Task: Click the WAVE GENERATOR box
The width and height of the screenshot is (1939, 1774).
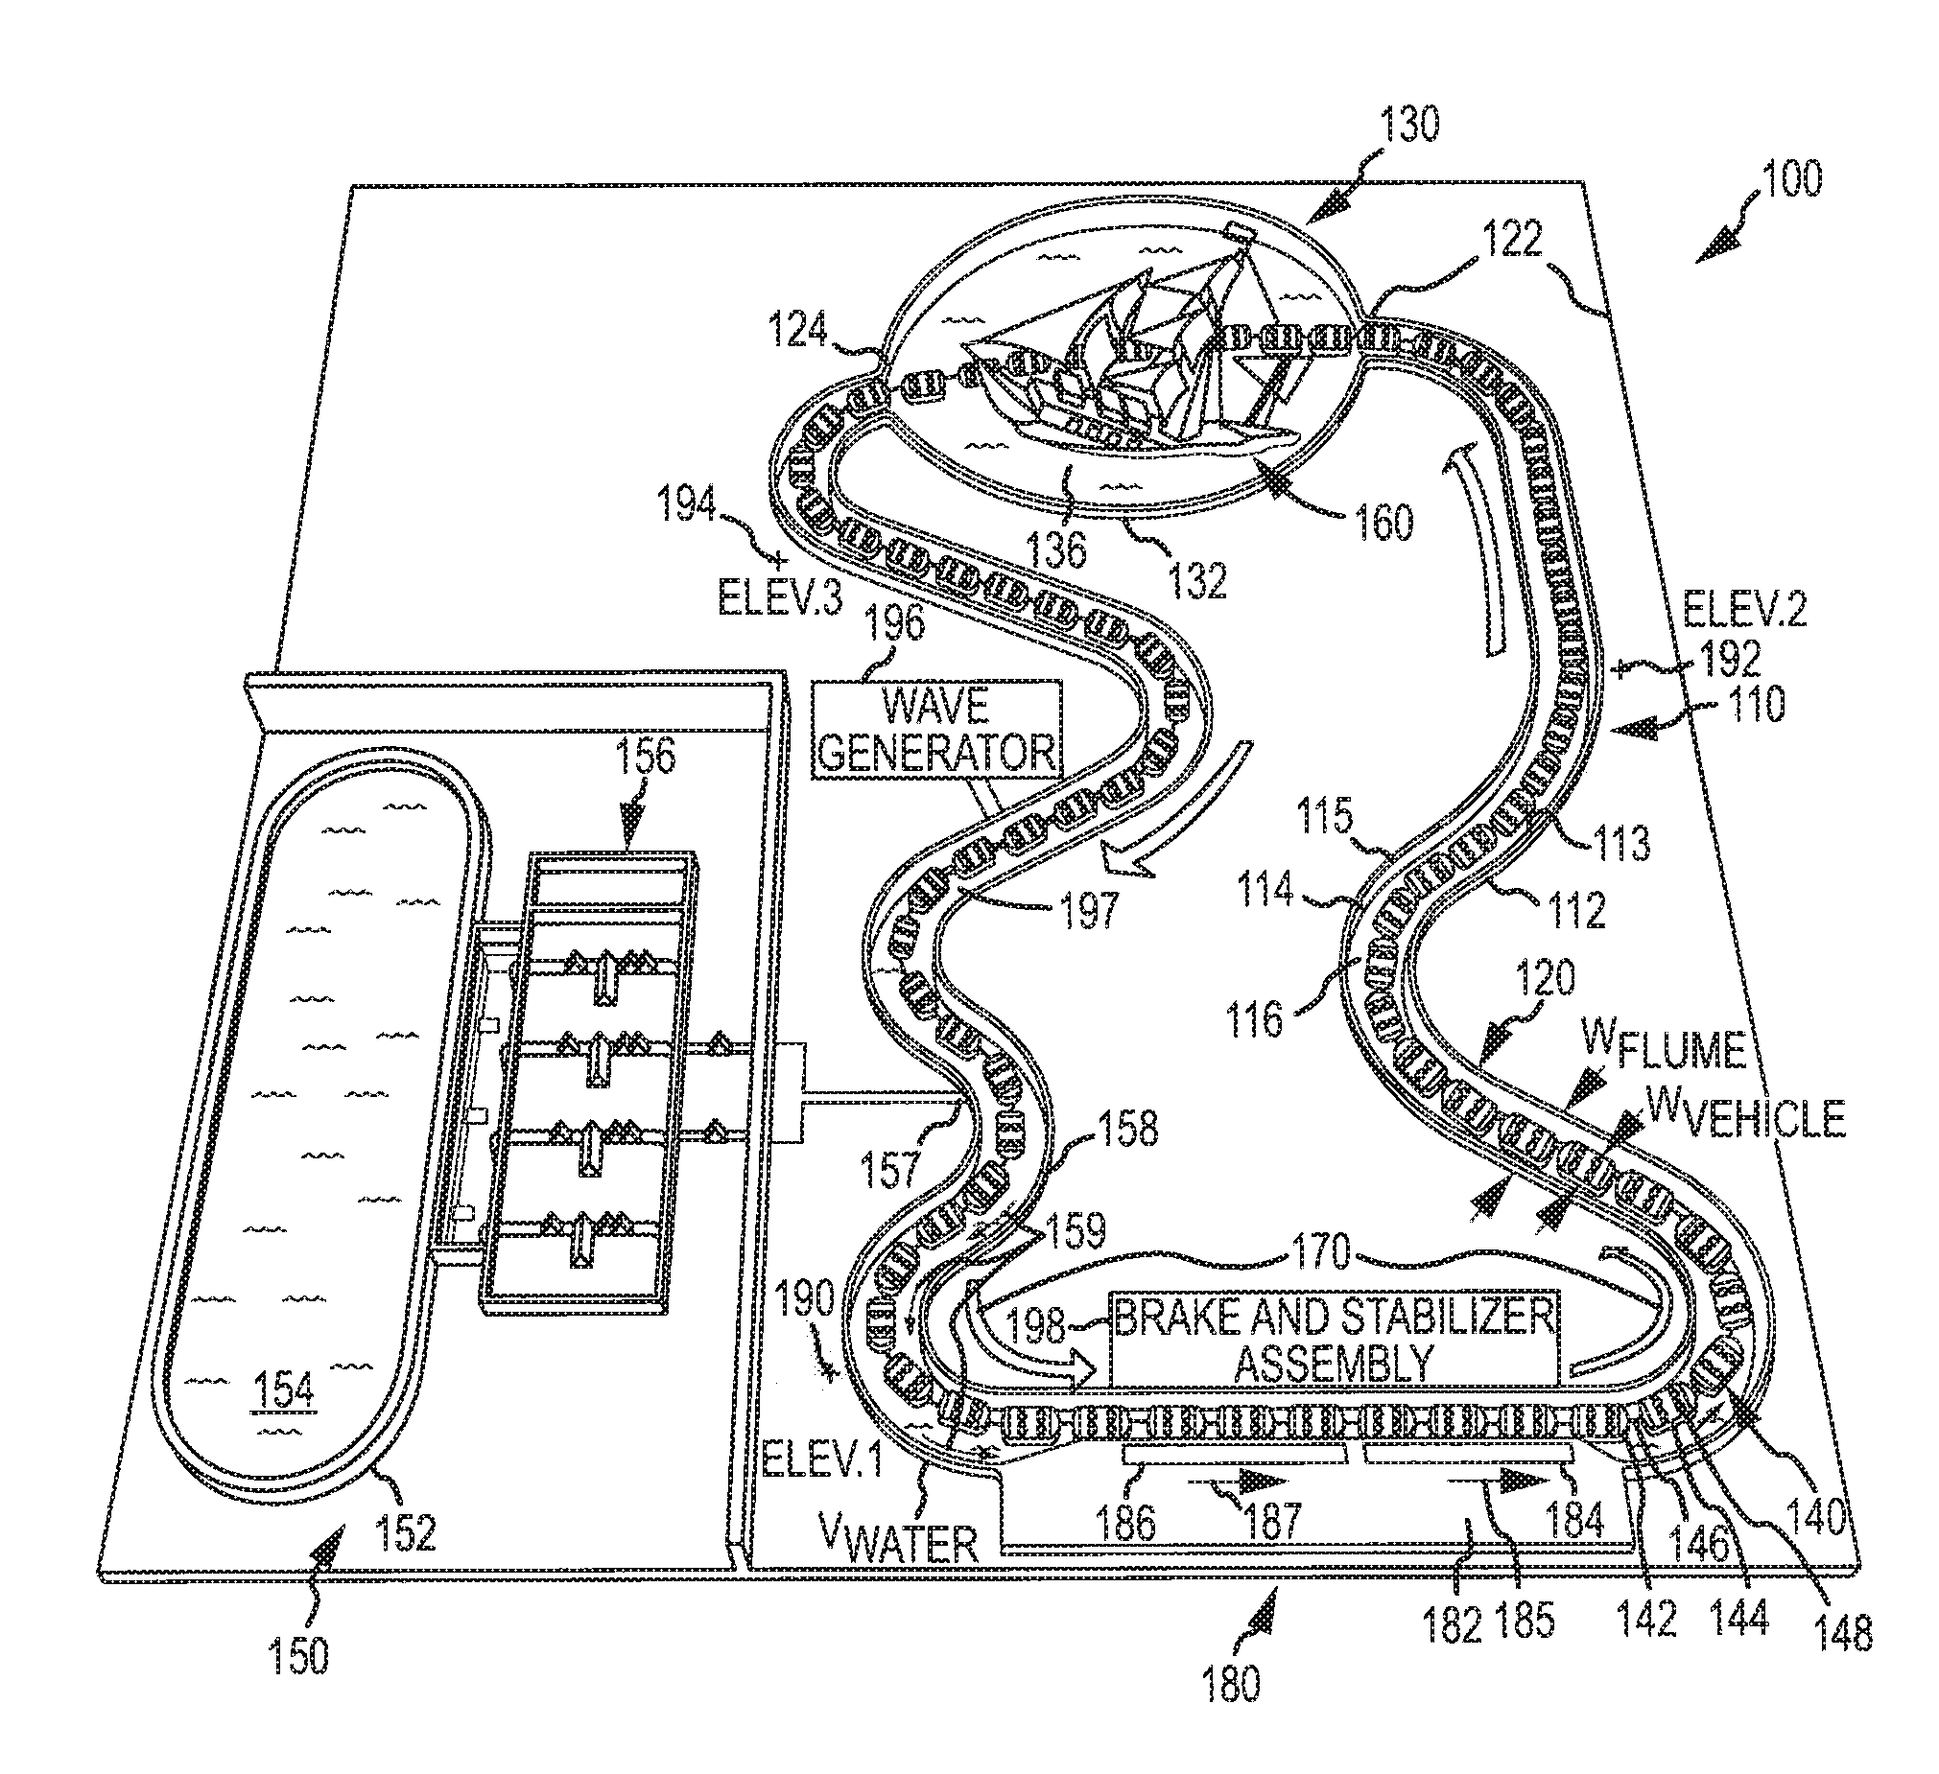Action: (936, 730)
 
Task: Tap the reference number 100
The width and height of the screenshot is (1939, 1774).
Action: (1792, 180)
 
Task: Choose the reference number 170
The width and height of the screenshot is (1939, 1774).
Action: (1322, 1252)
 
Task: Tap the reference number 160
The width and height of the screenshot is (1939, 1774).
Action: (1383, 522)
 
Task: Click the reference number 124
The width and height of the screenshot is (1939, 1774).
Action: (798, 331)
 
